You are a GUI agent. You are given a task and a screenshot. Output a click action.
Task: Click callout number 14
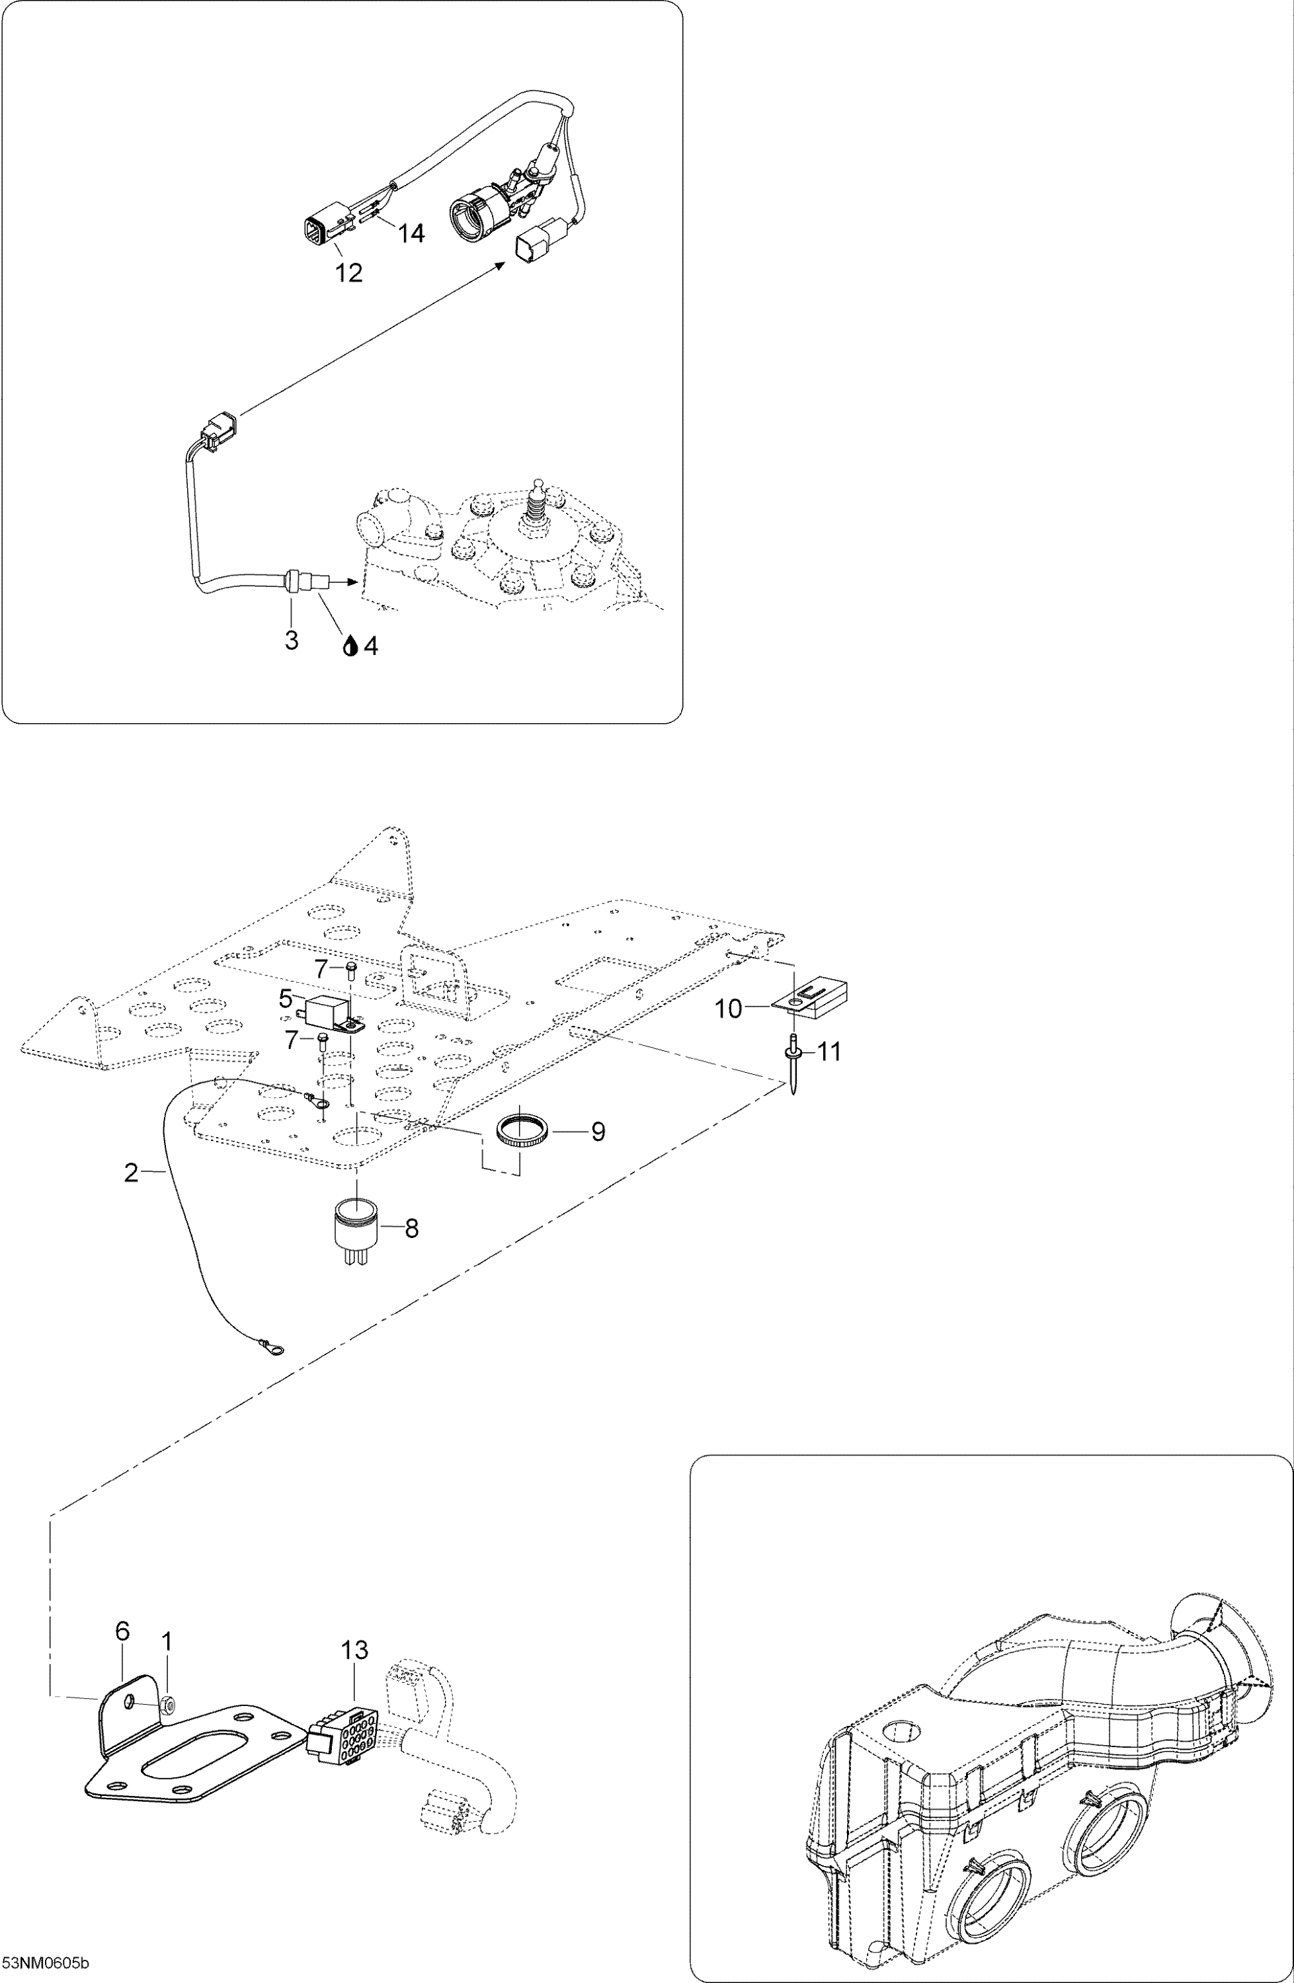(411, 233)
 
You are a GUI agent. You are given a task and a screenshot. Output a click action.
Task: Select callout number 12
(349, 272)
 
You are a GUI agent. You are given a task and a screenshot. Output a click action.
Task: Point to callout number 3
(292, 641)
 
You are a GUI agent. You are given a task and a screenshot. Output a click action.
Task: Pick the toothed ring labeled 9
(521, 1132)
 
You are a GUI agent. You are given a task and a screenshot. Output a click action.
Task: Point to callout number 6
(122, 1631)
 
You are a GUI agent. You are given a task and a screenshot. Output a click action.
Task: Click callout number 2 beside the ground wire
(131, 1173)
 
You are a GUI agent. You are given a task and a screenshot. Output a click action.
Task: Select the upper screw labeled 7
(350, 969)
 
